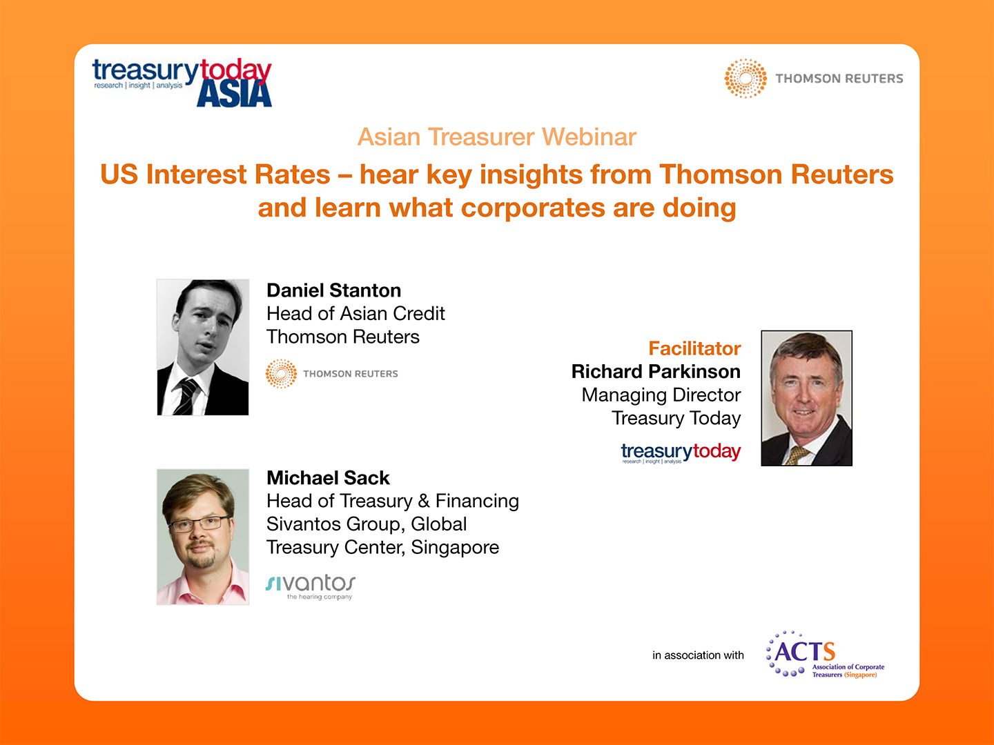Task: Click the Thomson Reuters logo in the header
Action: click(x=814, y=79)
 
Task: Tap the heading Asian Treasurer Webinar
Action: click(x=497, y=137)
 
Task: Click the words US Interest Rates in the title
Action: click(x=215, y=175)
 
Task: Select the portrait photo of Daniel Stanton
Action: click(x=203, y=347)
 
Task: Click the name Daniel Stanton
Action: click(x=333, y=290)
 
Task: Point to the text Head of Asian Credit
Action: click(x=355, y=314)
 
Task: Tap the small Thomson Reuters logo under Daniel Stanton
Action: click(x=332, y=374)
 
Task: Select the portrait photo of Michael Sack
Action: click(x=203, y=537)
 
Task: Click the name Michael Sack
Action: click(x=328, y=478)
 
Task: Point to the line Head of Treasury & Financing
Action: click(x=393, y=501)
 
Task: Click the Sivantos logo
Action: click(x=311, y=586)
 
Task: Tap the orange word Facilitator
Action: click(x=694, y=348)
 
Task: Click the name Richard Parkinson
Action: click(x=656, y=372)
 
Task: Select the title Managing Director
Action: click(x=661, y=395)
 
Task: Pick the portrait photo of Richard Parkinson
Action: click(x=806, y=398)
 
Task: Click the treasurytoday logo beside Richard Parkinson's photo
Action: click(x=681, y=453)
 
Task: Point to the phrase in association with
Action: click(x=698, y=655)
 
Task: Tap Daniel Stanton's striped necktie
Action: click(x=186, y=396)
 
